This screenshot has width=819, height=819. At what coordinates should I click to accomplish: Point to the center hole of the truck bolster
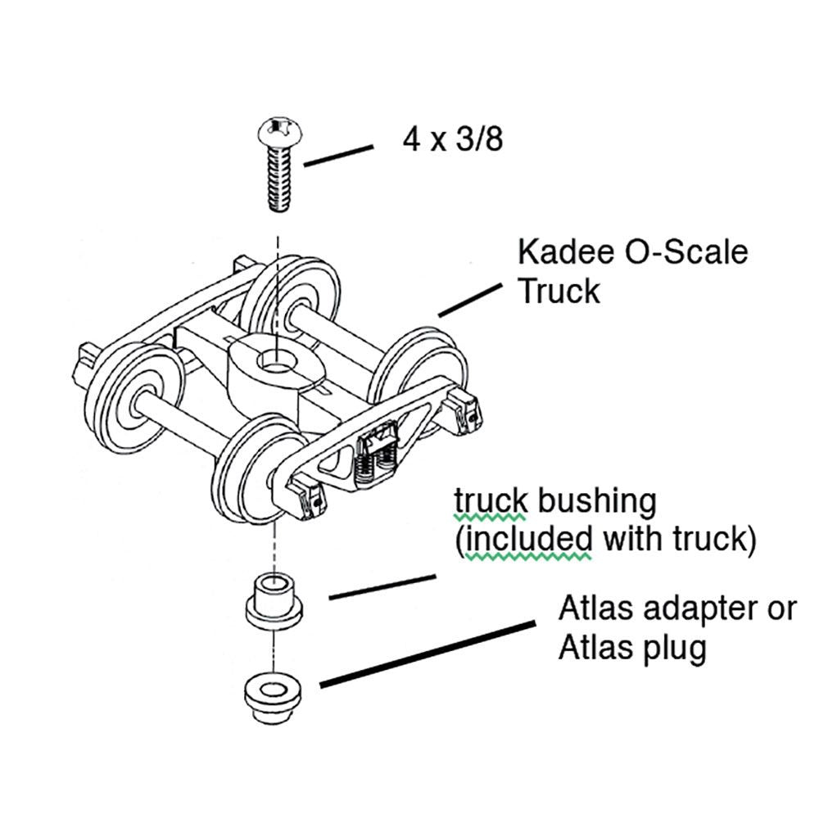(x=278, y=360)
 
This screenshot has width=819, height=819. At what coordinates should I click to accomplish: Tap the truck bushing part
(x=274, y=602)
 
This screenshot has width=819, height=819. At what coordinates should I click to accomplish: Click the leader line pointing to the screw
(x=337, y=156)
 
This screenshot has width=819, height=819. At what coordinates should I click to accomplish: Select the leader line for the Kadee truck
(x=469, y=300)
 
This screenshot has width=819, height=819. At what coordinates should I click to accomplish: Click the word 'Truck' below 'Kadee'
(x=559, y=291)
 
